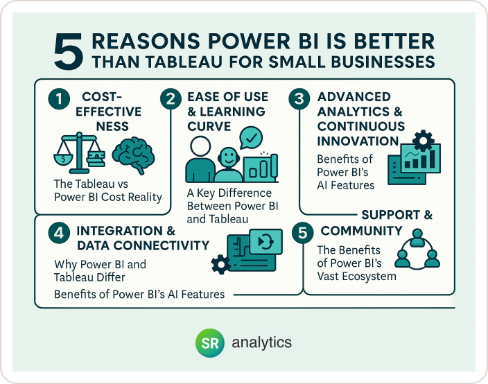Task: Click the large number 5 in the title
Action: click(x=69, y=52)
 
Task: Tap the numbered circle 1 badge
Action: click(x=59, y=99)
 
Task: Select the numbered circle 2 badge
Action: click(x=171, y=99)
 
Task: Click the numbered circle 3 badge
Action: click(x=299, y=99)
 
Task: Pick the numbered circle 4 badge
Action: click(x=59, y=233)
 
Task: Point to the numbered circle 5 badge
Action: click(x=302, y=233)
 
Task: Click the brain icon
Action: click(x=133, y=155)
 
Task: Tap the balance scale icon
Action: click(x=79, y=152)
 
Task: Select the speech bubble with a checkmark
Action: click(x=251, y=137)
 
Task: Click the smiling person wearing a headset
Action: click(x=229, y=164)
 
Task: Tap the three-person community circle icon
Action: click(x=417, y=250)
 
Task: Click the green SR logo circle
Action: click(x=210, y=342)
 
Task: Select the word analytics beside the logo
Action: click(x=262, y=342)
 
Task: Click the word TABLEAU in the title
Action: click(x=184, y=62)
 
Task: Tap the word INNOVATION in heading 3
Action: click(x=358, y=141)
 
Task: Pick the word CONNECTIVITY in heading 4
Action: click(x=161, y=245)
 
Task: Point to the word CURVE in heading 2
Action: click(x=209, y=126)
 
